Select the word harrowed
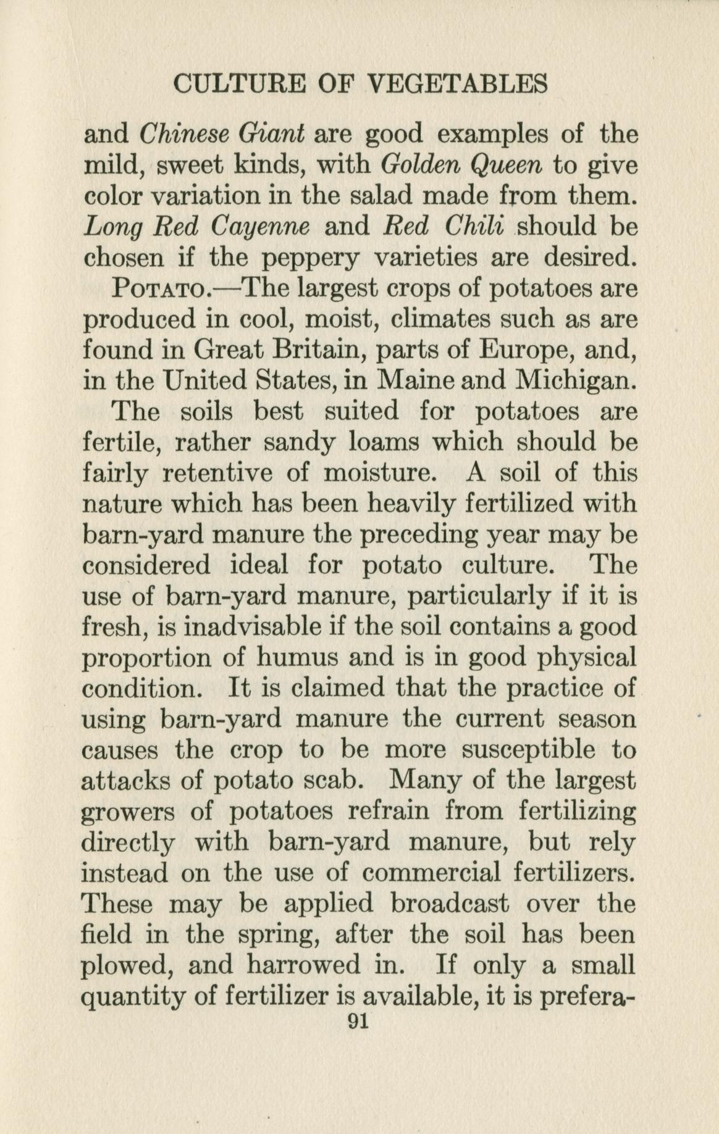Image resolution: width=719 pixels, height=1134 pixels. tap(303, 965)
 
